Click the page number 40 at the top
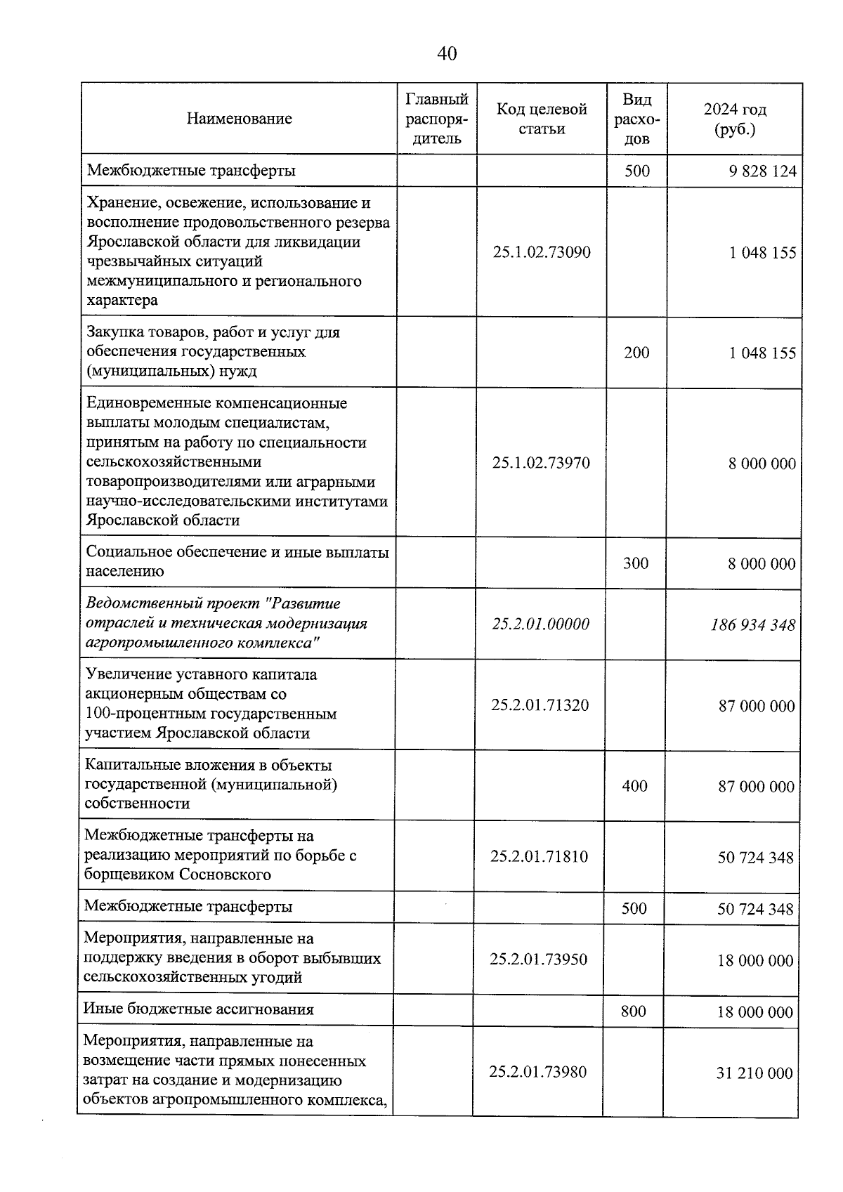pyautogui.click(x=447, y=54)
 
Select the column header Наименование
pyautogui.click(x=239, y=119)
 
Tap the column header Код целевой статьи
pyautogui.click(x=542, y=119)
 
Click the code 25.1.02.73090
pyautogui.click(x=542, y=252)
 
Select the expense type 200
pyautogui.click(x=636, y=353)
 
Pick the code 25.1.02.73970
pyautogui.click(x=541, y=463)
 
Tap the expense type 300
pyautogui.click(x=636, y=563)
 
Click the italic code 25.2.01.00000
pyautogui.click(x=540, y=624)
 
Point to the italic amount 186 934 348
pyautogui.click(x=753, y=624)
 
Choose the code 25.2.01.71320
pyautogui.click(x=540, y=705)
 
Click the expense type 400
pyautogui.click(x=635, y=786)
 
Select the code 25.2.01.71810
pyautogui.click(x=539, y=856)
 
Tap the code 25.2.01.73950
pyautogui.click(x=539, y=960)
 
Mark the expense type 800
pyautogui.click(x=634, y=1011)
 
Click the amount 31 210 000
pyautogui.click(x=754, y=1073)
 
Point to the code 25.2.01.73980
pyautogui.click(x=538, y=1072)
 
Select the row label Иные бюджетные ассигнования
pyautogui.click(x=199, y=1009)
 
